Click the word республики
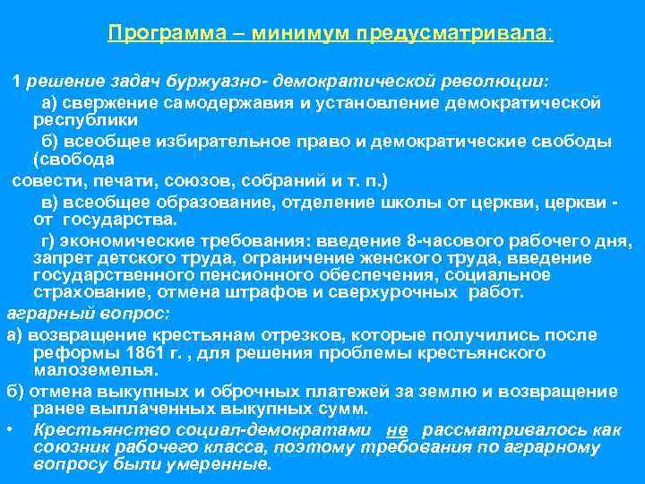(85, 118)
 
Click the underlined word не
(402, 431)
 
